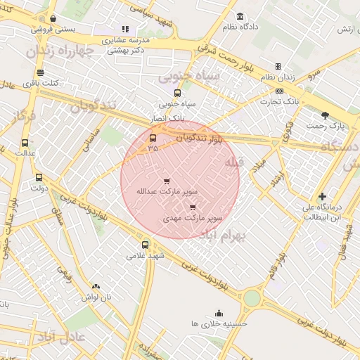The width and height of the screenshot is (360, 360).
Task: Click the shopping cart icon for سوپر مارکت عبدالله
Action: tap(167, 181)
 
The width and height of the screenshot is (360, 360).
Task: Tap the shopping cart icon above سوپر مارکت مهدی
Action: tap(193, 207)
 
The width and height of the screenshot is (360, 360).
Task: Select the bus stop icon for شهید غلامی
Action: tap(145, 245)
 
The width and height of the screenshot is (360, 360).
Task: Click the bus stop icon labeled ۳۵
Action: tap(153, 138)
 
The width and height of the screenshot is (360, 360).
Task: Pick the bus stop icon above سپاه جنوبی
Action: tap(176, 92)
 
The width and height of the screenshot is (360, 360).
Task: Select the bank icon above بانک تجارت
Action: tap(280, 91)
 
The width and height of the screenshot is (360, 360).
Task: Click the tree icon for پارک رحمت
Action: tap(324, 115)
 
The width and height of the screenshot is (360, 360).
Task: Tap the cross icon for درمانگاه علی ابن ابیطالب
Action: tap(322, 196)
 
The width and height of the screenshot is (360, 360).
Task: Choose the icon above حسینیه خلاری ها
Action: tap(219, 313)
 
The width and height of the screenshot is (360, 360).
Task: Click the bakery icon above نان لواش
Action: tap(96, 287)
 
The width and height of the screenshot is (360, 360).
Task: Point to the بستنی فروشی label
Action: tap(51, 30)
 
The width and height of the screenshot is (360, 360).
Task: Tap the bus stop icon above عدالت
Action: tap(25, 143)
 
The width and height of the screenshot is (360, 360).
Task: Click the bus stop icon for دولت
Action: tap(39, 177)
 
